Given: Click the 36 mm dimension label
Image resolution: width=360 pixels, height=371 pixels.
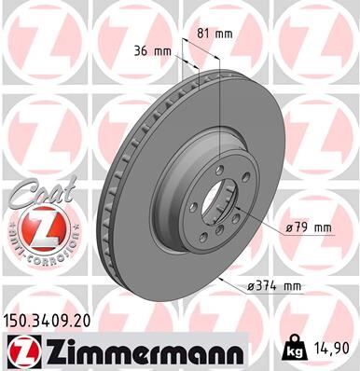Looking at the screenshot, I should [151, 51].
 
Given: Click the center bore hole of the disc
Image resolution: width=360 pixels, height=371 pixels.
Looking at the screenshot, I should [221, 202].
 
